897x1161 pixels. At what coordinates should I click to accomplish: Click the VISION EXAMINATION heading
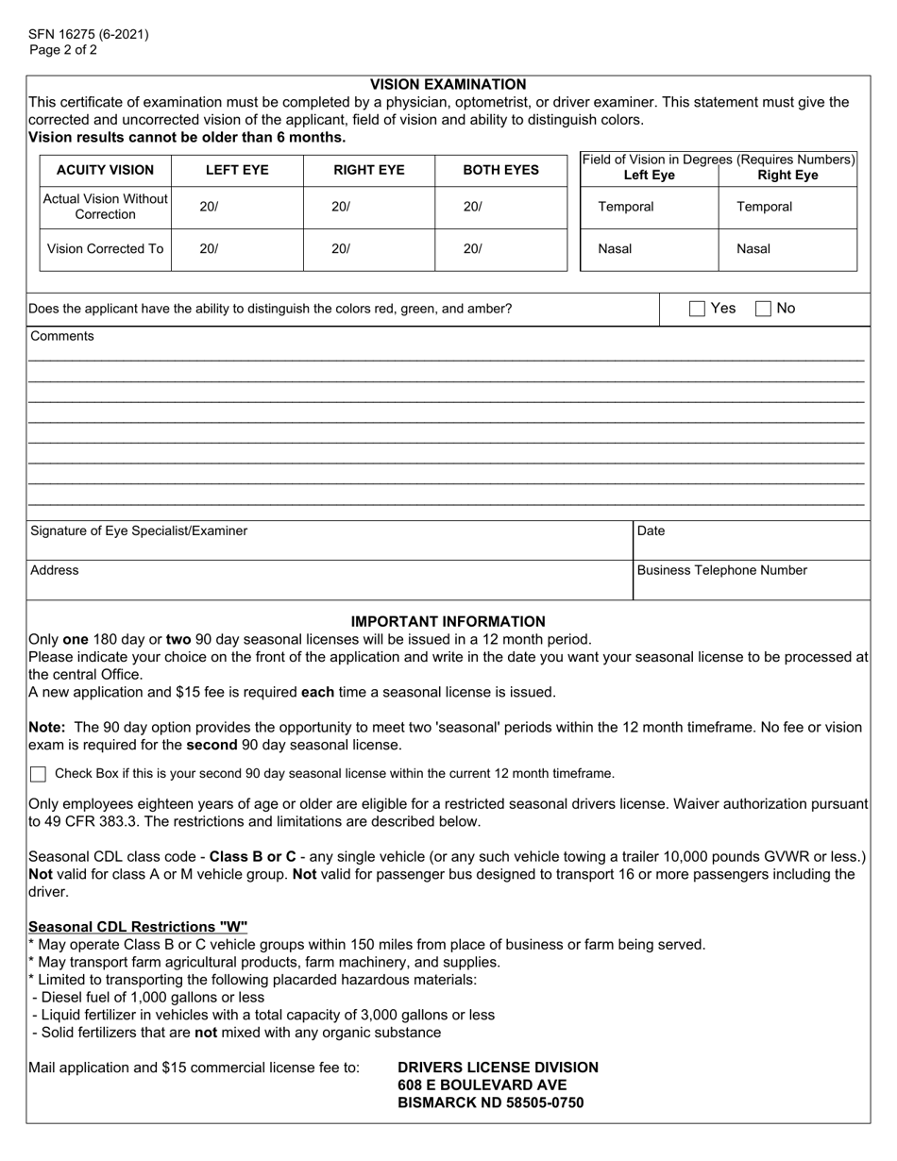pyautogui.click(x=448, y=85)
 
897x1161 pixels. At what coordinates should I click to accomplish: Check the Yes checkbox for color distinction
pyautogui.click(x=697, y=309)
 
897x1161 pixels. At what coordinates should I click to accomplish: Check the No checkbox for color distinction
pyautogui.click(x=764, y=309)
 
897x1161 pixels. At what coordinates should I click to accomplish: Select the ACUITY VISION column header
pyautogui.click(x=105, y=171)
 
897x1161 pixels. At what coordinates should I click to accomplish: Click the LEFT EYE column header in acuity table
pyautogui.click(x=237, y=171)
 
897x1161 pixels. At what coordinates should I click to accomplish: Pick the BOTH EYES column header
pyautogui.click(x=500, y=171)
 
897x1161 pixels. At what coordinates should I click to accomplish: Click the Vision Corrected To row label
pyautogui.click(x=105, y=250)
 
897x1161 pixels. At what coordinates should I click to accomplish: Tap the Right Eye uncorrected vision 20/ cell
pyautogui.click(x=368, y=208)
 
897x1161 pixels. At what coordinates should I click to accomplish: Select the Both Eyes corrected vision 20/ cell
pyautogui.click(x=500, y=250)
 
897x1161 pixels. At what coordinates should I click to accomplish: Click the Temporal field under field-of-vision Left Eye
pyautogui.click(x=649, y=208)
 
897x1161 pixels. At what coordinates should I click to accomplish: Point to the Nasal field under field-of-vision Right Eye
pyautogui.click(x=787, y=250)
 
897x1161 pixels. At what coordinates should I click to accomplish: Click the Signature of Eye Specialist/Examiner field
pyautogui.click(x=329, y=541)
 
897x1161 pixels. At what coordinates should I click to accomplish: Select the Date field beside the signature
pyautogui.click(x=752, y=541)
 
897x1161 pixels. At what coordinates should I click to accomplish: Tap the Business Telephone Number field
pyautogui.click(x=752, y=580)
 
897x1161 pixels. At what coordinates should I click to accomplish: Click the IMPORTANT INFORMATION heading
pyautogui.click(x=448, y=622)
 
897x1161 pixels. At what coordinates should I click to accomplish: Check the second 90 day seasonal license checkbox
pyautogui.click(x=38, y=775)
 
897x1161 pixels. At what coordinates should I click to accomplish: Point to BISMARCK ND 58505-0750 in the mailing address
pyautogui.click(x=490, y=1103)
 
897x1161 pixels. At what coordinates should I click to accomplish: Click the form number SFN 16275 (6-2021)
pyautogui.click(x=88, y=35)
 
